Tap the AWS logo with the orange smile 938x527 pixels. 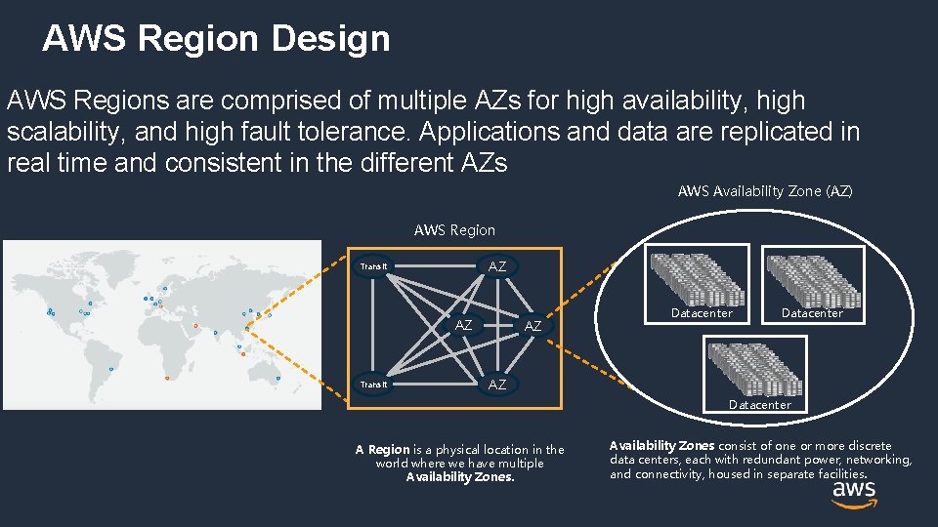point(853,495)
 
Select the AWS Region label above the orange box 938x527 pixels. point(454,230)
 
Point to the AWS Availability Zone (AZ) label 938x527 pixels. point(765,191)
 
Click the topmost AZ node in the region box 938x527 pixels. point(497,266)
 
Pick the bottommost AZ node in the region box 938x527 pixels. point(497,385)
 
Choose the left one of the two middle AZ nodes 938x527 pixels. point(464,325)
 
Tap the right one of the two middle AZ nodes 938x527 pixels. point(533,326)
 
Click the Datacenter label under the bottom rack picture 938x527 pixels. point(759,404)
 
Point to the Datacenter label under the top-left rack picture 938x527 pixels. point(702,313)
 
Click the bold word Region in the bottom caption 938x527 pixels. point(389,450)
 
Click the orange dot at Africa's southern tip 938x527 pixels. point(169,377)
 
